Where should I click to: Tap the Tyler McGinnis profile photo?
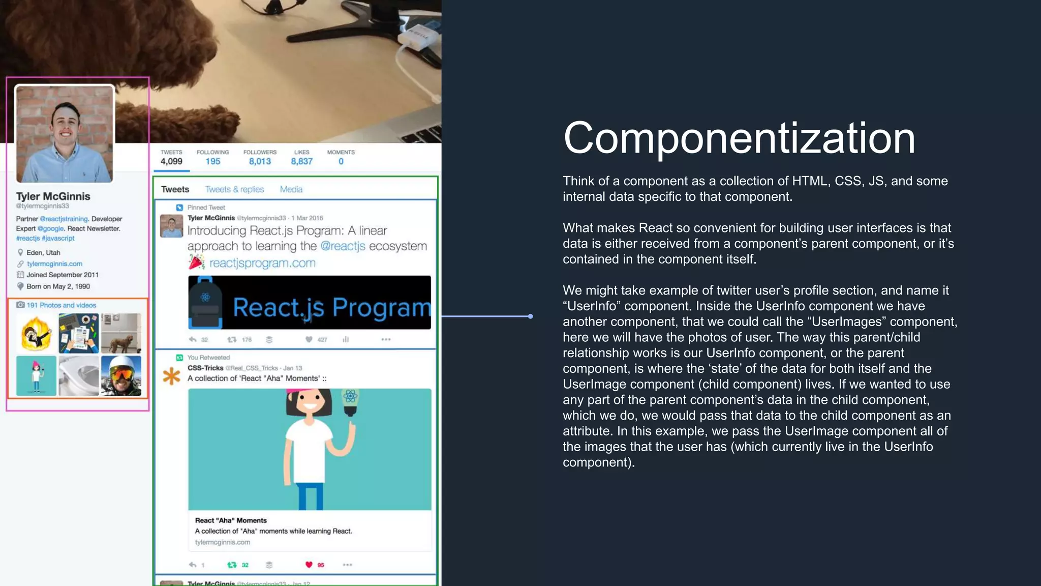(65, 134)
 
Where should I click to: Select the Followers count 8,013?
(260, 161)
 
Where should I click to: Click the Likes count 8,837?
(301, 161)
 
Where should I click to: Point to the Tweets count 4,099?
(171, 161)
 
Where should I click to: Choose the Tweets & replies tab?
(234, 189)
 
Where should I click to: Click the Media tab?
(291, 189)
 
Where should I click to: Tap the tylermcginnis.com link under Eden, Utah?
(54, 263)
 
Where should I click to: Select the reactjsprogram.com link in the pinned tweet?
(262, 263)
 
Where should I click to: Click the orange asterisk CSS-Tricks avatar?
(171, 376)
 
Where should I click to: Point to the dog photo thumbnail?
(121, 333)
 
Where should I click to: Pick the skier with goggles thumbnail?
(121, 376)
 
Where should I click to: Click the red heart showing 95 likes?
(309, 565)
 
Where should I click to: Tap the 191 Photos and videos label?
(61, 305)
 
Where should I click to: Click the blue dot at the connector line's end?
(530, 316)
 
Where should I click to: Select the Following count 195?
(212, 161)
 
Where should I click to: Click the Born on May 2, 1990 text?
(58, 286)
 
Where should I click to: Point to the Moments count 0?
(341, 161)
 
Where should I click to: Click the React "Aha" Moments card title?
(231, 520)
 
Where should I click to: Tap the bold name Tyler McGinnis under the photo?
(53, 196)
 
